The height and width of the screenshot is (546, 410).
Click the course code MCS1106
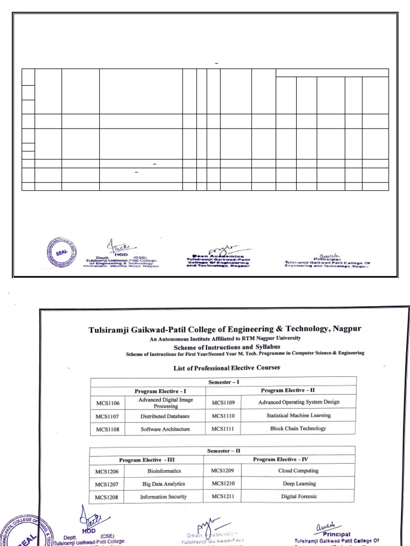107,403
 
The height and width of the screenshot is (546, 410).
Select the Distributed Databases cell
165,416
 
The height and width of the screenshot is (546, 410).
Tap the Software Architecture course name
165,429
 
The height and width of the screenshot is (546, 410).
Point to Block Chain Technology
298,428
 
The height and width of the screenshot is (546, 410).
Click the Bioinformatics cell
164,471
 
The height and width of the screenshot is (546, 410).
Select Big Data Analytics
163,484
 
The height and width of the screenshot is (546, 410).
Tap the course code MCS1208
107,497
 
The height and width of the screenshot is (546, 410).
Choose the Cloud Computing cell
298,471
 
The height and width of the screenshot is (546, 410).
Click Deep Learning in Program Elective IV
299,484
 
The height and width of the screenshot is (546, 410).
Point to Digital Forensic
299,496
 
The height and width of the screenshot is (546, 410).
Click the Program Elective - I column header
160,391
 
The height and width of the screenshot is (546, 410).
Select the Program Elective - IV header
289,459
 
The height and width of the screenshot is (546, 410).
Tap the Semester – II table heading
223,451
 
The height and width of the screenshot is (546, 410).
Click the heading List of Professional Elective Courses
227,368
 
